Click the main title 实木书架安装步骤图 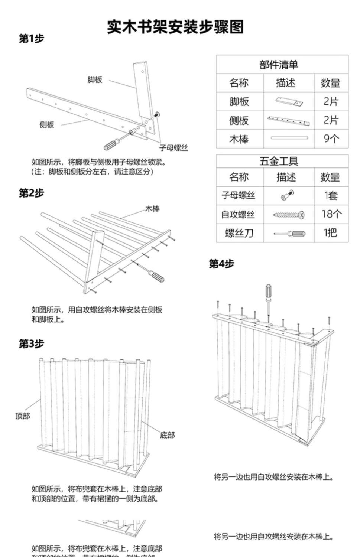coord(175,27)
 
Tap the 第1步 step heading coord(32,39)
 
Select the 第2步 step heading coord(32,193)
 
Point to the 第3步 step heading coord(32,343)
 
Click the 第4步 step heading coord(221,264)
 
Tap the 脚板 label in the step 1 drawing coord(95,80)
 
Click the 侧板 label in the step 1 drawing coord(47,125)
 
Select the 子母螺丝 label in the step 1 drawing coord(173,148)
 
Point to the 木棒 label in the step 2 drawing coord(152,209)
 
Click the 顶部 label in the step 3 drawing coord(23,416)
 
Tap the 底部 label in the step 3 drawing coord(167,435)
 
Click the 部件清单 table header coord(279,65)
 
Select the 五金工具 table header coord(279,161)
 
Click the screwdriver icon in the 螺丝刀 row coord(290,234)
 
